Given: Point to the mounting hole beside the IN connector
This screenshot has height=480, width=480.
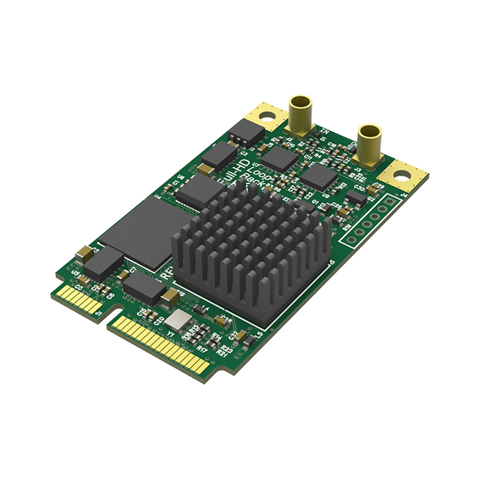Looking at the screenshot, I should click(268, 117).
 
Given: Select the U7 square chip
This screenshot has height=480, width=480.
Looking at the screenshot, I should click(279, 159).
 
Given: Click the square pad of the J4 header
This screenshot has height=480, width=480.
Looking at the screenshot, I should click(390, 202).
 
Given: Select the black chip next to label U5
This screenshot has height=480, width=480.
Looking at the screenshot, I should click(104, 263).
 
